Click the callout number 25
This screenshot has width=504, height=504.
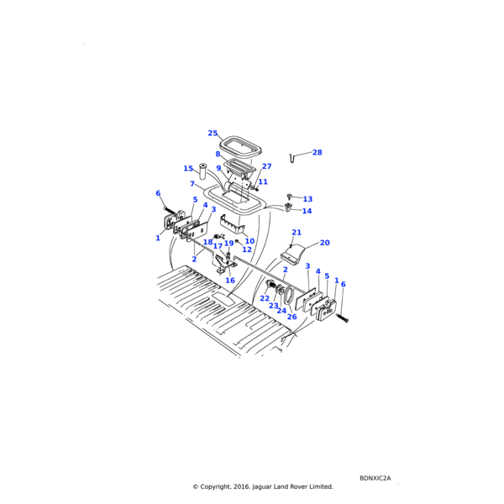(213, 133)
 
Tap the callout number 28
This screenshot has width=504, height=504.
(317, 153)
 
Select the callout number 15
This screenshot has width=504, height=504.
(188, 169)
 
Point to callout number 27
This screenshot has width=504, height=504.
(266, 166)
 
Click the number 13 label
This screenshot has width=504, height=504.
(307, 199)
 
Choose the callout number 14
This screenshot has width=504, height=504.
(307, 211)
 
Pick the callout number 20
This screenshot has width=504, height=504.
(324, 243)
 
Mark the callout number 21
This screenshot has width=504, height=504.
(297, 232)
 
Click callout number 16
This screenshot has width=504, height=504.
(229, 281)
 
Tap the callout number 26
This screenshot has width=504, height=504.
(291, 317)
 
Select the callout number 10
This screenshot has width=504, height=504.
(249, 241)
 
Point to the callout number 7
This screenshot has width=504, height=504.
(192, 184)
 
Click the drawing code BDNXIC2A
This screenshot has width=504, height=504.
(375, 479)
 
